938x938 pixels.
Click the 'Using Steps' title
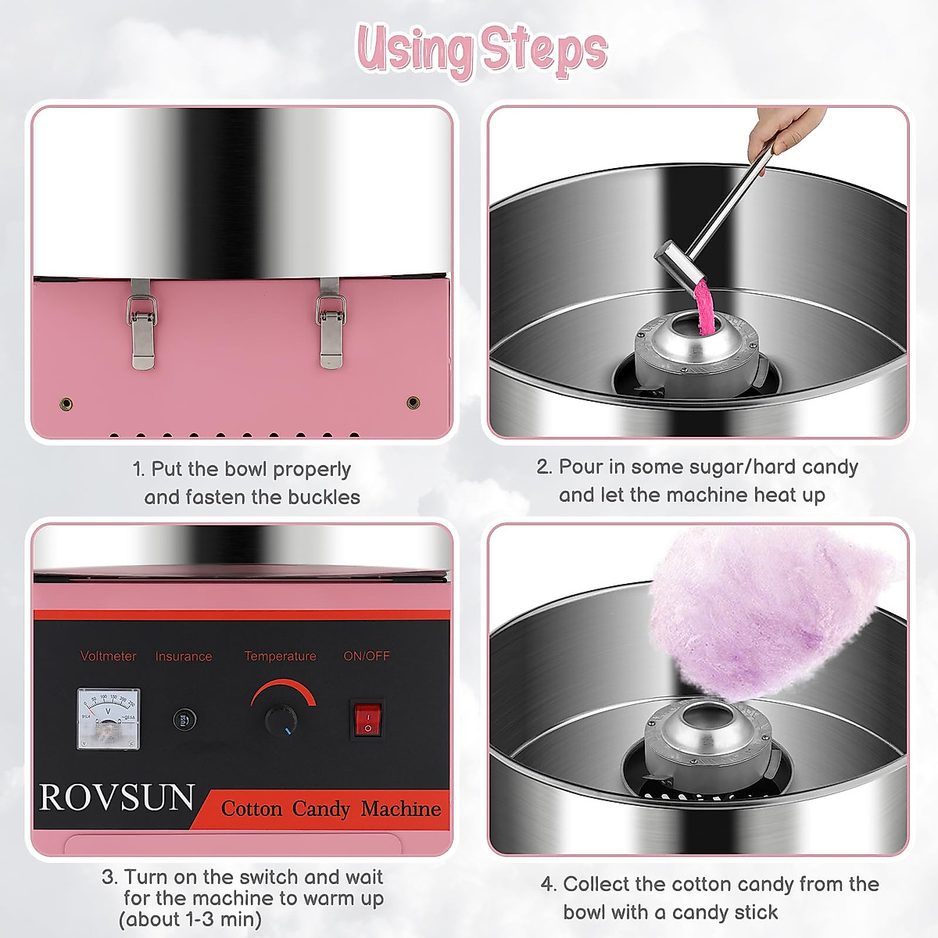click(x=482, y=50)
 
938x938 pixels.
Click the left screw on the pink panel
click(x=66, y=404)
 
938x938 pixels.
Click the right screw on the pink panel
click(x=414, y=403)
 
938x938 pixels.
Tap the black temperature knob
click(x=281, y=720)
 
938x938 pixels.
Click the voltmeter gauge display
click(x=108, y=718)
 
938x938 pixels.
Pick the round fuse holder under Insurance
click(x=184, y=720)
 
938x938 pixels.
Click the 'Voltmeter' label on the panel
click(x=108, y=656)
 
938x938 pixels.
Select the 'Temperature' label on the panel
click(x=280, y=656)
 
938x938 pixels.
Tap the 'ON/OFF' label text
click(x=367, y=656)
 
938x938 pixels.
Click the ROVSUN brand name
click(x=116, y=798)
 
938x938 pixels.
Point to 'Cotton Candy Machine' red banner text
click(x=331, y=808)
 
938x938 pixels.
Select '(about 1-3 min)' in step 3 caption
click(x=190, y=919)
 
